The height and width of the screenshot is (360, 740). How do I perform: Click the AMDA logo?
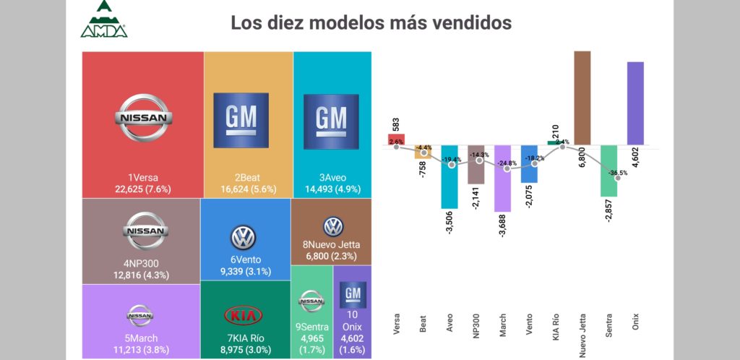click(x=104, y=20)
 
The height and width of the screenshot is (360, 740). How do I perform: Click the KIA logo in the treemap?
click(x=244, y=316)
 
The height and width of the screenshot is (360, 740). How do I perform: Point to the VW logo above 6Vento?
click(x=244, y=237)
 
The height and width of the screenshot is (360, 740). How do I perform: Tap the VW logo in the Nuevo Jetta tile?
click(x=332, y=226)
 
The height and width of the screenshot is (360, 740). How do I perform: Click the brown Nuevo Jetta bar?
click(x=582, y=97)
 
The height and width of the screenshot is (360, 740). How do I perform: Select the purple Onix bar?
click(x=635, y=103)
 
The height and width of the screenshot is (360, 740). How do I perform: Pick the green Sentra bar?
click(x=608, y=171)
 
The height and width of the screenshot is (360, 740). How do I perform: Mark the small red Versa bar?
click(x=396, y=139)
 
